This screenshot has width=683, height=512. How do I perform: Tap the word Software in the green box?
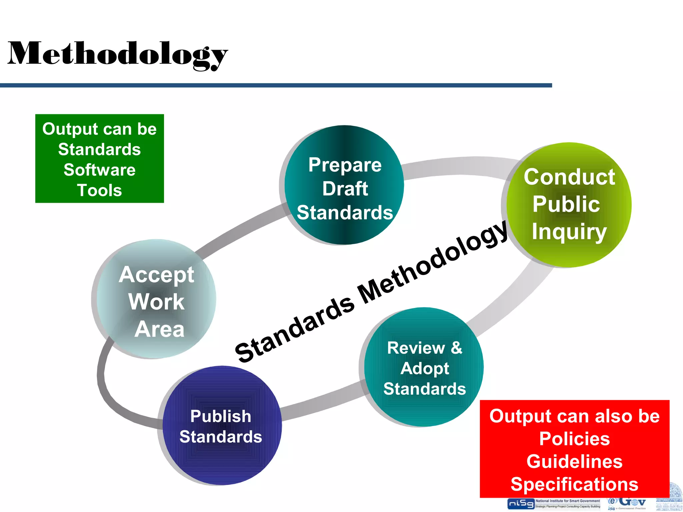(x=99, y=170)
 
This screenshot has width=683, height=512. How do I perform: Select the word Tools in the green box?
(x=99, y=190)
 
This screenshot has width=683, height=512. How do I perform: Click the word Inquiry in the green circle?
(x=569, y=231)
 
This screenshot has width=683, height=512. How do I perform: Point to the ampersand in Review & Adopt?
(x=457, y=348)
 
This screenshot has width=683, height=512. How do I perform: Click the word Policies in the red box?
(x=574, y=439)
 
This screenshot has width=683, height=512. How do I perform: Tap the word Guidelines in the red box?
(x=574, y=462)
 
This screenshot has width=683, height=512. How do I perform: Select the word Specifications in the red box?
(x=574, y=484)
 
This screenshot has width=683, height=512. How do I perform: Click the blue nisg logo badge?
(x=521, y=504)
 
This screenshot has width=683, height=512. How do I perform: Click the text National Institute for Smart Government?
(x=568, y=501)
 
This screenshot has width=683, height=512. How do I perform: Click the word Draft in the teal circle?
(x=345, y=189)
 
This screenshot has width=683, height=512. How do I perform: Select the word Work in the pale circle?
(x=156, y=302)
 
